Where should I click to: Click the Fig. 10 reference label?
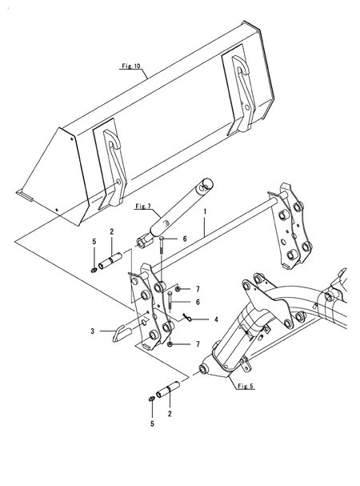[131, 66]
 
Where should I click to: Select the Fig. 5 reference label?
[246, 386]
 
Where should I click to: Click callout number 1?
[205, 212]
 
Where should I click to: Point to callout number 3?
[92, 331]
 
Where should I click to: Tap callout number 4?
[216, 319]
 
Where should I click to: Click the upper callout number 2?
[111, 231]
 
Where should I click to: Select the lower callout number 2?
[170, 413]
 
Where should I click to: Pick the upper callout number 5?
[94, 242]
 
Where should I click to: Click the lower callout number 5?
[152, 424]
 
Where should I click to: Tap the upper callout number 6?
[185, 239]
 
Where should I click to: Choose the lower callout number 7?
[198, 344]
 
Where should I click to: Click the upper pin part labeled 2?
[110, 260]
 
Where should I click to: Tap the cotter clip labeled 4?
[186, 317]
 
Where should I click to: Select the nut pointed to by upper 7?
[178, 289]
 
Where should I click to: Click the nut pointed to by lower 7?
[170, 344]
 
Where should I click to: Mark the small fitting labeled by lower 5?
[152, 399]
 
